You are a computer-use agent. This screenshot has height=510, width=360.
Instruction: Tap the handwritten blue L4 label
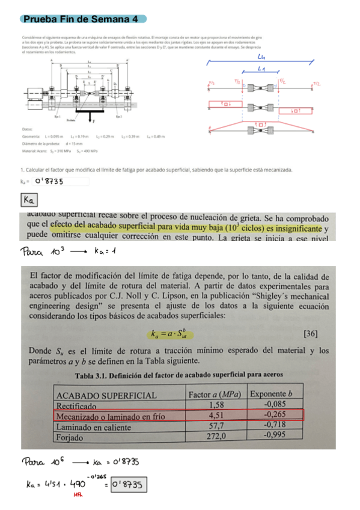(261, 58)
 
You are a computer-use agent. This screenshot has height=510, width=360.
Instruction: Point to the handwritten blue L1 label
(263, 70)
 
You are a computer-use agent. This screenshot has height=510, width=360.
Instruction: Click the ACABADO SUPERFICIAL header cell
(106, 396)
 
